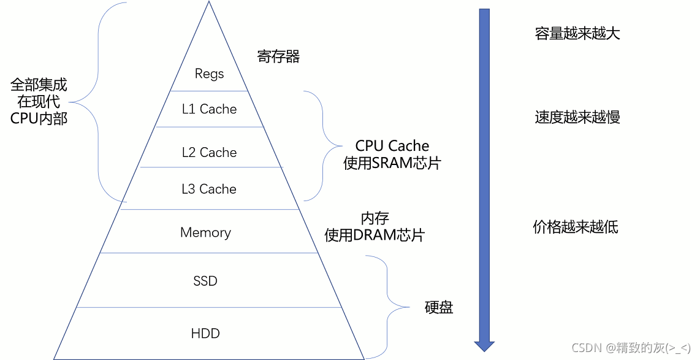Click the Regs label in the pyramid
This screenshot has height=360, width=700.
tap(209, 74)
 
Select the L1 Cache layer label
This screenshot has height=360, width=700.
tap(209, 109)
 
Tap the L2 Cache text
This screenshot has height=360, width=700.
tap(209, 153)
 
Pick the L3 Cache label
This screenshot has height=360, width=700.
tap(209, 190)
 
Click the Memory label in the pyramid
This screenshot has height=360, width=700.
tap(205, 233)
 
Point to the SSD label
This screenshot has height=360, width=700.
tap(205, 281)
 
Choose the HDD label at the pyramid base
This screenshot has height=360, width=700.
tap(205, 334)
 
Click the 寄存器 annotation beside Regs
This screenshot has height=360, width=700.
tap(278, 57)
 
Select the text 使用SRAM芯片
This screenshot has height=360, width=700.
tap(392, 164)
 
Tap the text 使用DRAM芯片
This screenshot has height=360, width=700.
tap(374, 236)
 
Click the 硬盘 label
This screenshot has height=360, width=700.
tap(439, 307)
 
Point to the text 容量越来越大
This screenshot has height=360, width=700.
tap(577, 34)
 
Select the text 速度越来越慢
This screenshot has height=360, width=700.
tap(577, 117)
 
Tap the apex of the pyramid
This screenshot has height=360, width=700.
tap(208, 3)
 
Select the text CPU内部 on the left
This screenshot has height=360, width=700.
tap(39, 118)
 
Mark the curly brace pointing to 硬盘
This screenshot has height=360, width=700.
tap(387, 307)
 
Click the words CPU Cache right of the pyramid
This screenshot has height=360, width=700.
tap(392, 146)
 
